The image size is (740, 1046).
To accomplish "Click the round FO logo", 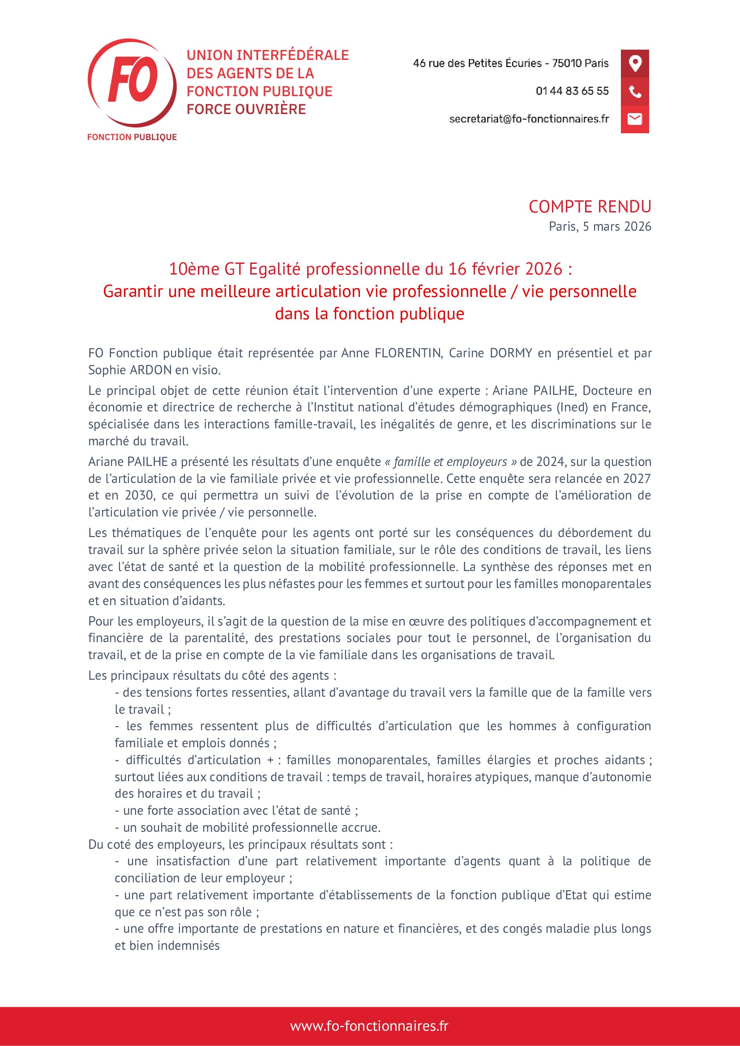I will pos(131,82).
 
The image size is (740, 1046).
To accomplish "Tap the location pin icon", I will pos(635,63).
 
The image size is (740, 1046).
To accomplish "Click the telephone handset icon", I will pos(635,91).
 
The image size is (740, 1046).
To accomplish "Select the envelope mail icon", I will pos(635,119).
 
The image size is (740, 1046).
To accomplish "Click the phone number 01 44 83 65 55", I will pos(572,91).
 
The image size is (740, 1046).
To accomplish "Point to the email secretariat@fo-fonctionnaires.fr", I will pos(529,119).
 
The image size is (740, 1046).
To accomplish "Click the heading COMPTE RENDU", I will pos(590,207).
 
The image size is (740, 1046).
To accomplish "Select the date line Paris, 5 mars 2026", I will pos(599,226).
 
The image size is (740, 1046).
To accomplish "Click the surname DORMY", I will pos(511,353).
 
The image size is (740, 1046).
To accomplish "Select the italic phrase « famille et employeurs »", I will pos(450,462).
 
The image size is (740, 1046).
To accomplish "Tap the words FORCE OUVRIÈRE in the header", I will pos(246,109).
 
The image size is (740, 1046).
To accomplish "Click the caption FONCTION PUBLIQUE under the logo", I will pos(132,137).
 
